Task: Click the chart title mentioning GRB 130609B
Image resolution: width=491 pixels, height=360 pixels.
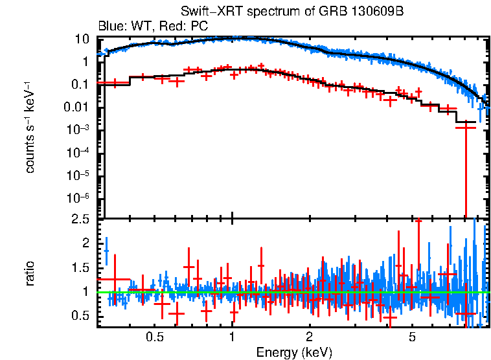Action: click(x=292, y=11)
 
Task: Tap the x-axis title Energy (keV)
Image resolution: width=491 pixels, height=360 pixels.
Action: click(x=294, y=352)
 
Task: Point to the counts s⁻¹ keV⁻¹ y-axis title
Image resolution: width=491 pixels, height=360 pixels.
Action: click(x=30, y=128)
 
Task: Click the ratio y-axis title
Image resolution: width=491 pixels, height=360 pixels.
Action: click(x=30, y=273)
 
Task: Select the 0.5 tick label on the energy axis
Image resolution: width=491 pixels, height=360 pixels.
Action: click(x=155, y=337)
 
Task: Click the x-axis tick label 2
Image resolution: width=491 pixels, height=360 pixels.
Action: click(x=310, y=337)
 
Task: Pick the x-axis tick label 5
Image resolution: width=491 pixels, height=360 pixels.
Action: click(x=412, y=337)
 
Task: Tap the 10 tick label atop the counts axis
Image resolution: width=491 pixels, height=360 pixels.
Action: click(x=82, y=39)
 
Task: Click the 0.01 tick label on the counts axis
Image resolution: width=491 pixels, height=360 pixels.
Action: click(x=76, y=107)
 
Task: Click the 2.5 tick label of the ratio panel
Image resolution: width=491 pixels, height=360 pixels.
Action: click(x=80, y=219)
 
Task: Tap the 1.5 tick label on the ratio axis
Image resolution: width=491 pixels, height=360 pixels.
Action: click(x=80, y=267)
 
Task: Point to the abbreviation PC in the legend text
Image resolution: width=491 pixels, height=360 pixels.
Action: click(x=200, y=26)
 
